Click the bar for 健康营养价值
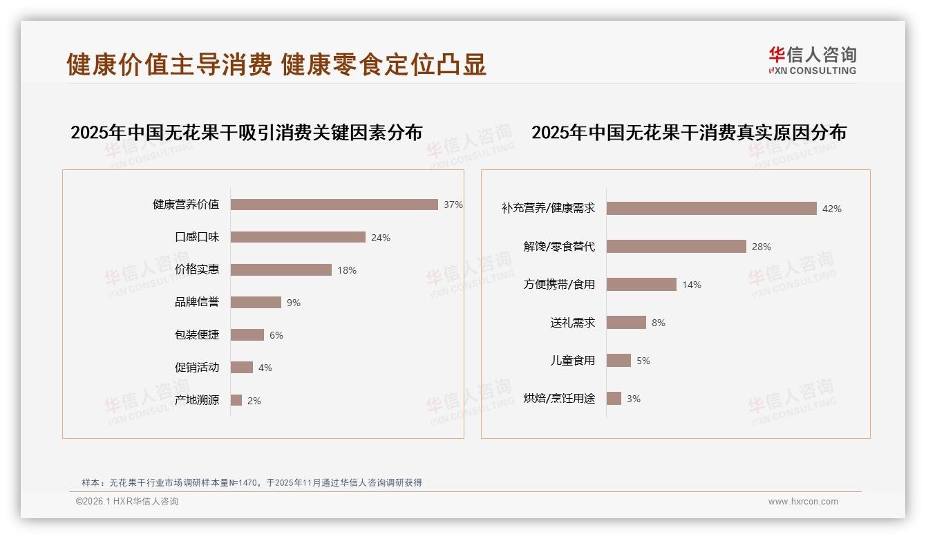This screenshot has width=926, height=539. click(334, 205)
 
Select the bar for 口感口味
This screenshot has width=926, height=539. click(298, 237)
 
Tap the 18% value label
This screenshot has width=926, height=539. click(347, 270)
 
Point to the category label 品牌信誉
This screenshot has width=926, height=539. click(197, 302)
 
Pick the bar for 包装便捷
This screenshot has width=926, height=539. click(247, 334)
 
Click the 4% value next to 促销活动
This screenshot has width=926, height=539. click(265, 368)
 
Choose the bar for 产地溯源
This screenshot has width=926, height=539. click(236, 400)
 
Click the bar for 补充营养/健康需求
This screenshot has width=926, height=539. click(712, 209)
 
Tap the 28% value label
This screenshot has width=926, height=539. click(762, 247)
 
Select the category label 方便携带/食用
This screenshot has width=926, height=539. click(559, 284)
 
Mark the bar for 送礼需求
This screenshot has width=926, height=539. click(626, 323)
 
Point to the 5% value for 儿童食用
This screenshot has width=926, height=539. click(643, 361)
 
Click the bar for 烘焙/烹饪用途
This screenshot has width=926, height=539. click(614, 398)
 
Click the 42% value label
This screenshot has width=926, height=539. click(832, 209)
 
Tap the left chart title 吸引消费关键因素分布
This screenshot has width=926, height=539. click(246, 132)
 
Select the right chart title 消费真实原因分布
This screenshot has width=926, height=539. click(688, 132)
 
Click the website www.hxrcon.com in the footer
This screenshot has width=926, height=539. click(803, 502)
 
